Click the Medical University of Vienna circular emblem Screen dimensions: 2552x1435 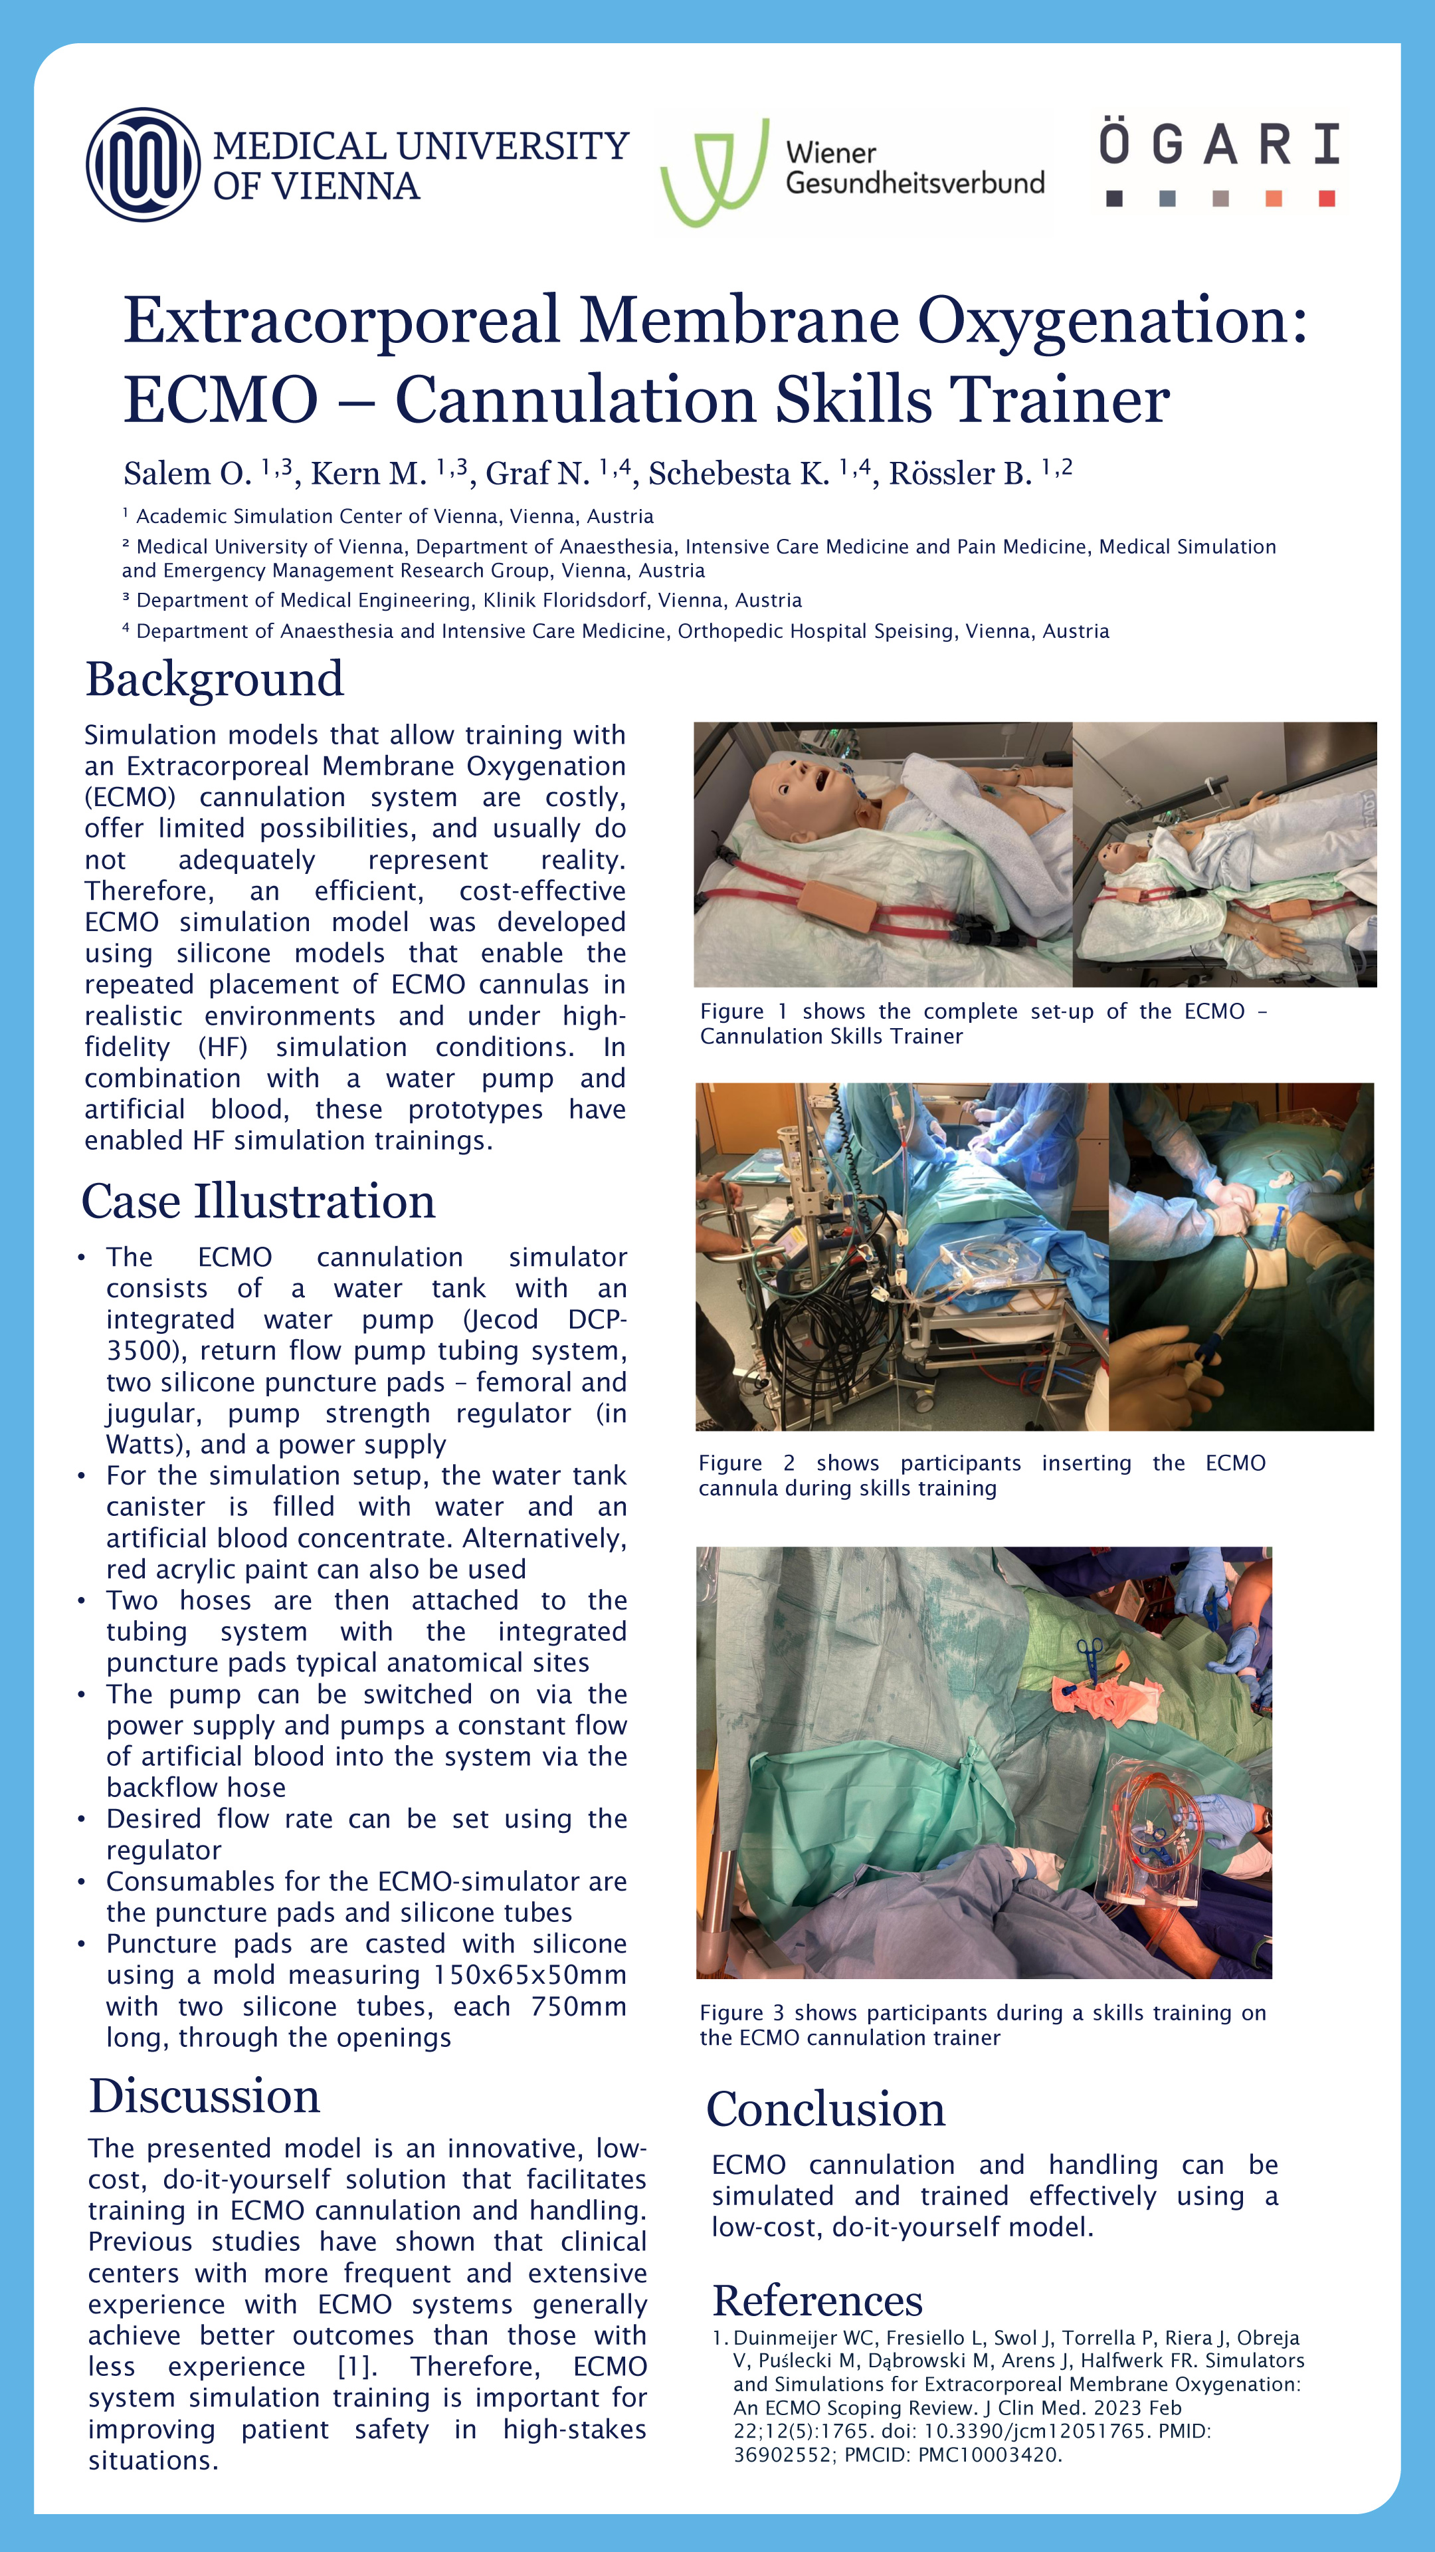pos(143,164)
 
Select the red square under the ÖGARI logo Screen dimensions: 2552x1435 pos(1326,199)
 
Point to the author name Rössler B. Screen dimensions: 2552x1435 pos(959,475)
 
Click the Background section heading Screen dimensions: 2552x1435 pos(215,680)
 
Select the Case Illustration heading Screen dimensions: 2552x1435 pos(258,1202)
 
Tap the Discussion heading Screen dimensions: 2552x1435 pos(205,2096)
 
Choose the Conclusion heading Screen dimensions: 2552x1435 pos(825,2109)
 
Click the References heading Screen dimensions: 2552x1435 pos(817,2300)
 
